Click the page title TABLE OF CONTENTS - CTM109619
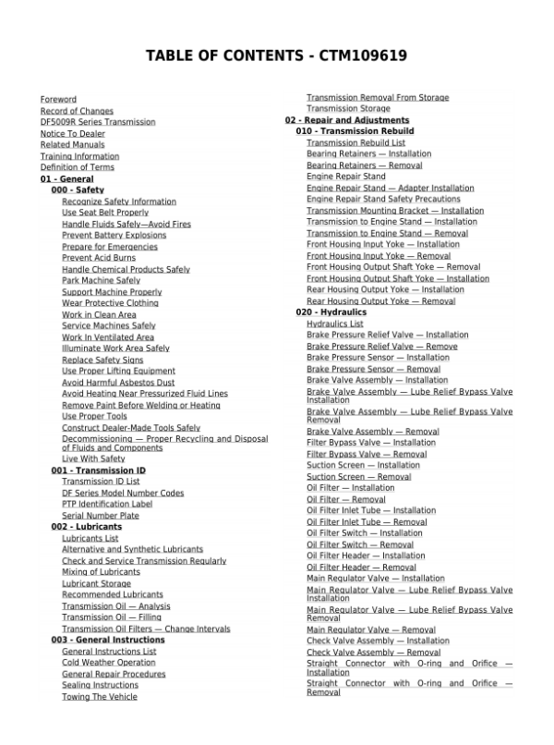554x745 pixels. tap(277, 56)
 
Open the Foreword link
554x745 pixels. tap(58, 99)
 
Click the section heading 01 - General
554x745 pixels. tap(66, 178)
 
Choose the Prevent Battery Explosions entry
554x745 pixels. tap(114, 235)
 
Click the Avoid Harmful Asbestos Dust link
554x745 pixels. tap(118, 382)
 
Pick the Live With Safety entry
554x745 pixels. tap(93, 458)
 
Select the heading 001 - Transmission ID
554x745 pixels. tap(98, 470)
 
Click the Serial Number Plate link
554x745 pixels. tap(101, 515)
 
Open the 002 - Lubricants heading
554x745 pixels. tap(86, 526)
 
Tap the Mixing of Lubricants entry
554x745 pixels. tap(102, 571)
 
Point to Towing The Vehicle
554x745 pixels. tap(100, 696)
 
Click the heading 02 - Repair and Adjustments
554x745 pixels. tap(346, 120)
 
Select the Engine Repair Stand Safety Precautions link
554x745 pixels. tap(383, 199)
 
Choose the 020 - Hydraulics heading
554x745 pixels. tap(331, 312)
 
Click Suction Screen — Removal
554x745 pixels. tap(359, 477)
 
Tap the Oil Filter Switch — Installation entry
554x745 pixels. tap(365, 533)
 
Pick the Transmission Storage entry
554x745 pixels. tap(348, 109)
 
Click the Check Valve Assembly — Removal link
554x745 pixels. tap(374, 652)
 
